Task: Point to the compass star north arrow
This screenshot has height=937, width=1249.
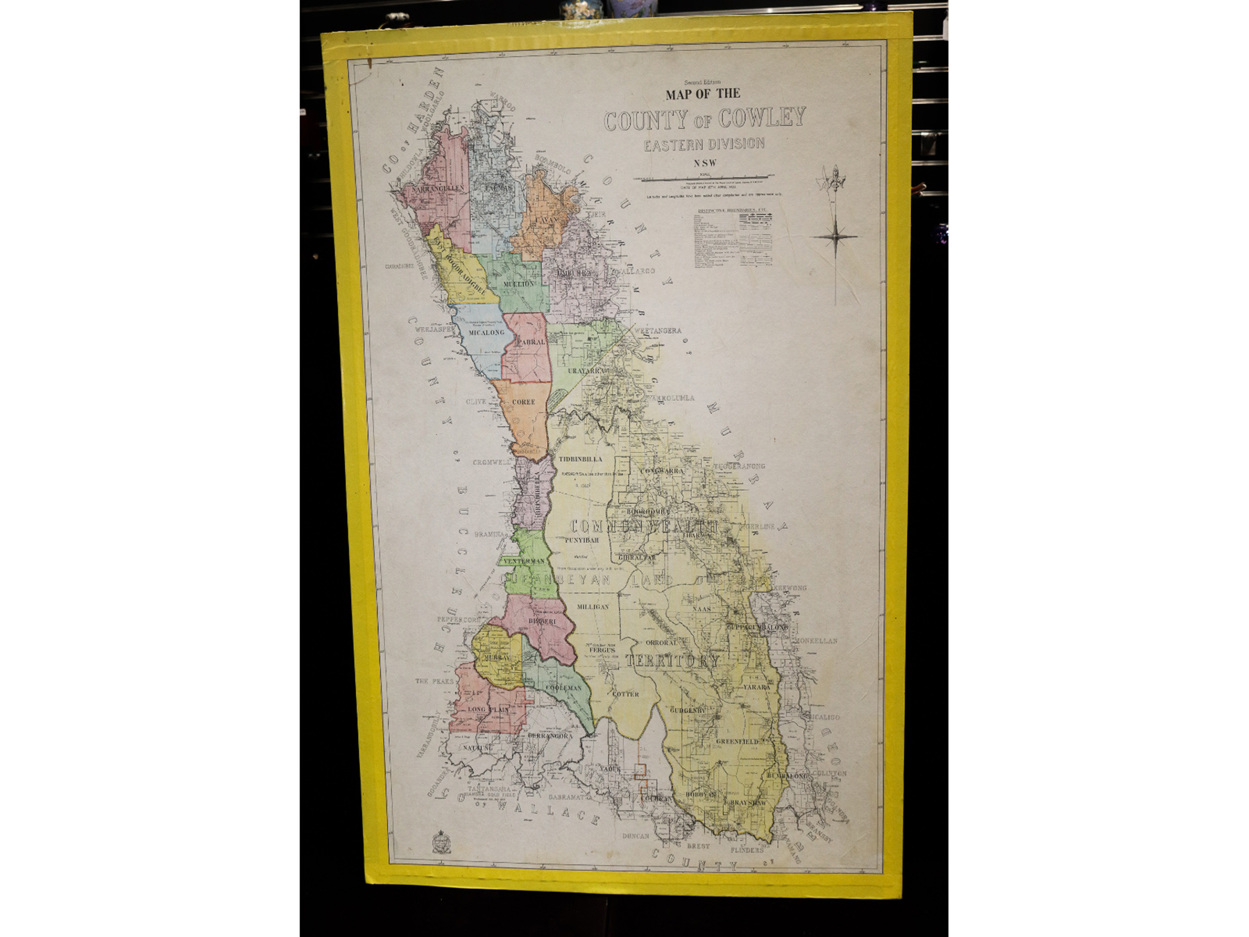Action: point(837,236)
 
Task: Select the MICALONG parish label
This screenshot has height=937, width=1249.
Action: point(486,333)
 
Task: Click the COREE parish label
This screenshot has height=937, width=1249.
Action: point(523,402)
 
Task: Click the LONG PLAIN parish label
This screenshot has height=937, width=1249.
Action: point(488,710)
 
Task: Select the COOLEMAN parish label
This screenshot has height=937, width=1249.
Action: point(563,688)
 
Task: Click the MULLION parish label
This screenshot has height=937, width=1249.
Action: point(518,284)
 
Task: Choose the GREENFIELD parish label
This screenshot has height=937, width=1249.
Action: point(737,741)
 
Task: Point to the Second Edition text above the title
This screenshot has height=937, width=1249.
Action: point(702,82)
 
